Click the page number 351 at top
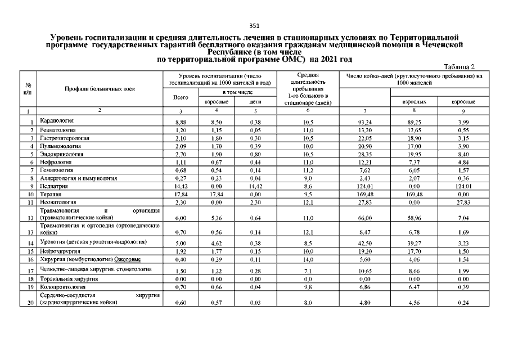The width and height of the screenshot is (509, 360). (254, 25)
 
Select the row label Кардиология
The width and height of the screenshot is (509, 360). (57, 121)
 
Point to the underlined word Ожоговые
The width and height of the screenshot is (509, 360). (128, 259)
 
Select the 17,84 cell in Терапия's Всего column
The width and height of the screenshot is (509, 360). (181, 193)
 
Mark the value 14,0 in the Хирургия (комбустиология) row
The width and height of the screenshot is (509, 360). (307, 260)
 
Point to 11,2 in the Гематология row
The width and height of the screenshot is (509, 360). (307, 169)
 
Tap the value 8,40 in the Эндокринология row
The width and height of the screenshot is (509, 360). (465, 154)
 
